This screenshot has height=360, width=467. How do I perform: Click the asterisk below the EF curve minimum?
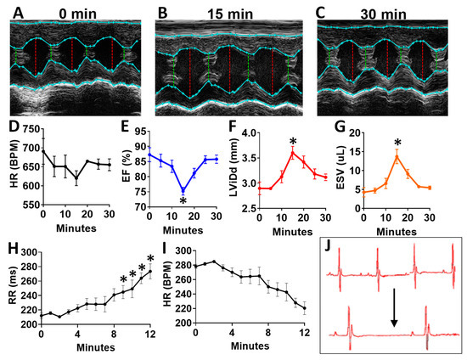pyautogui.click(x=183, y=201)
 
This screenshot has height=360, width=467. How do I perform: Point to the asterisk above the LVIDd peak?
pyautogui.click(x=292, y=141)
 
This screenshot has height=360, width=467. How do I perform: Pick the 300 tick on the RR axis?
pyautogui.click(x=30, y=252)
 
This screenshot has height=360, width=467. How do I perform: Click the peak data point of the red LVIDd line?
pyautogui.click(x=292, y=153)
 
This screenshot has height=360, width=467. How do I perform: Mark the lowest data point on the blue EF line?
pyautogui.click(x=183, y=191)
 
